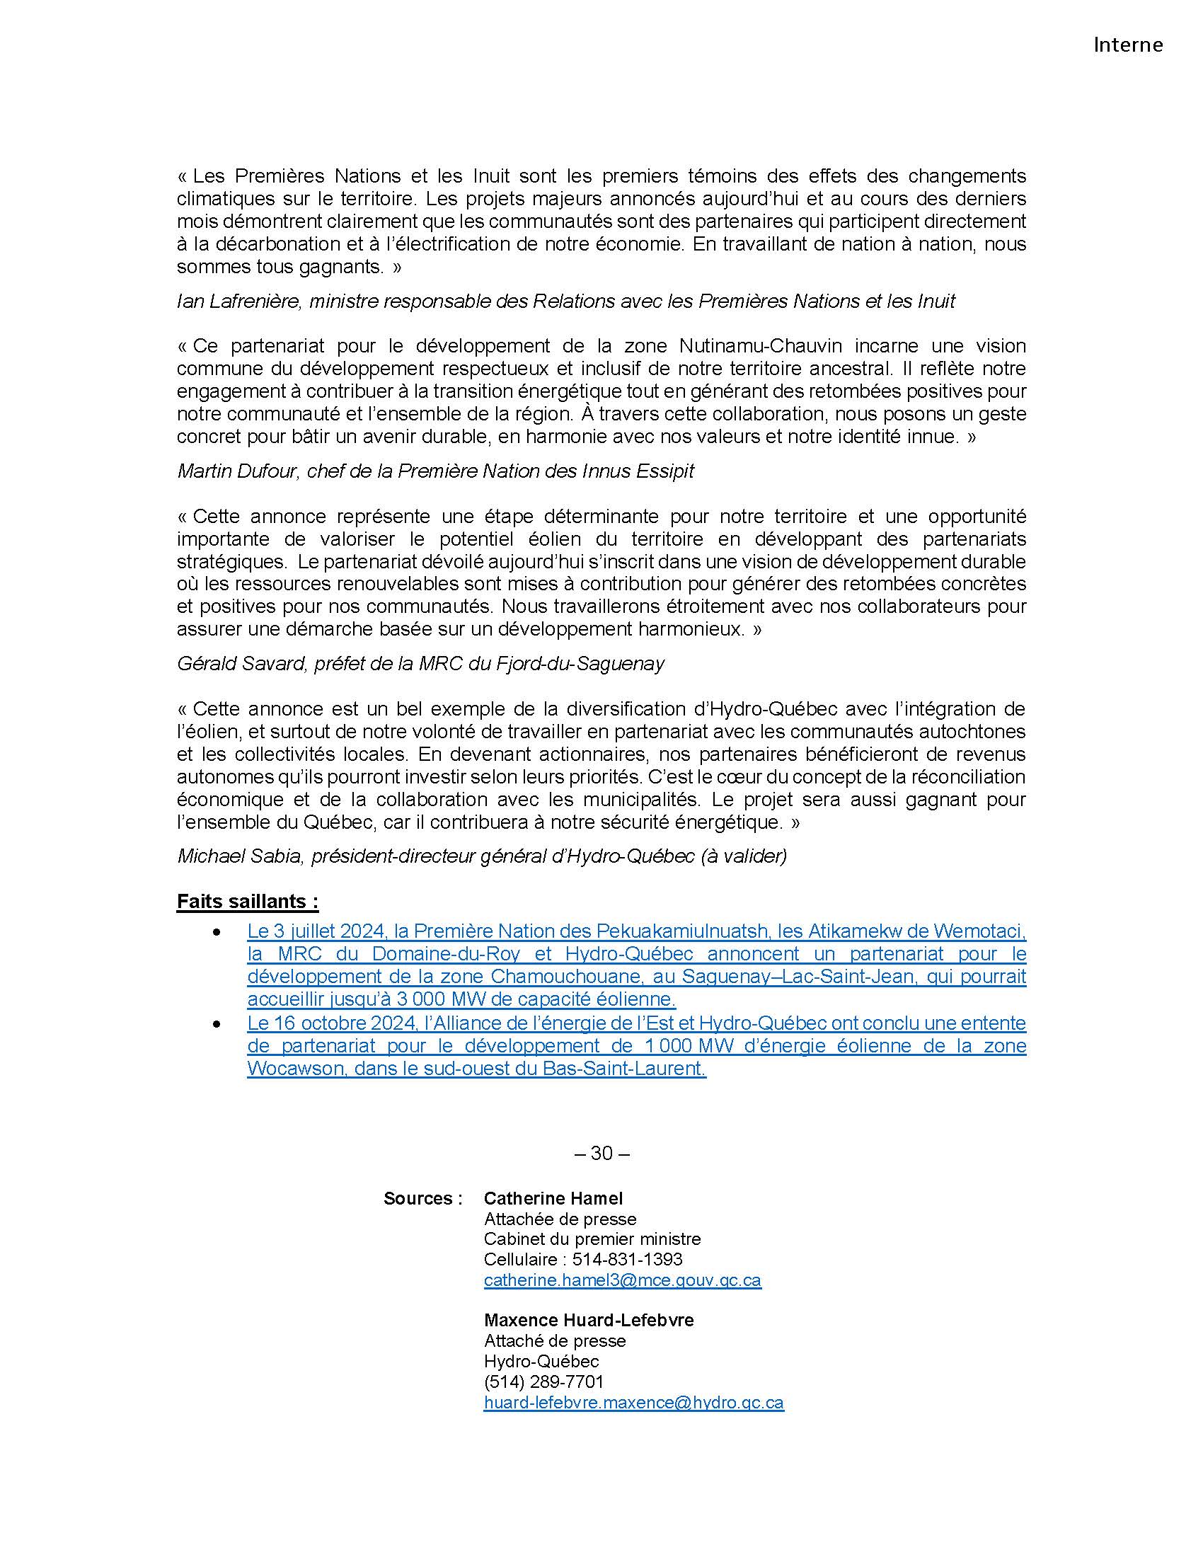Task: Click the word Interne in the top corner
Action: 1127,45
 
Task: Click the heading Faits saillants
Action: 246,902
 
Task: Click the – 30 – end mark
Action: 601,1154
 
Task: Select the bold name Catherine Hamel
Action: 553,1199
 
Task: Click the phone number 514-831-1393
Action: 627,1260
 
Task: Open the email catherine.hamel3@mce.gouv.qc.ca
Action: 622,1280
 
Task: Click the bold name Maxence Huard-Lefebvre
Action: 589,1321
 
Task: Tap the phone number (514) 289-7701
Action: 543,1381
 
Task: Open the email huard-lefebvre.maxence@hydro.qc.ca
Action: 633,1402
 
